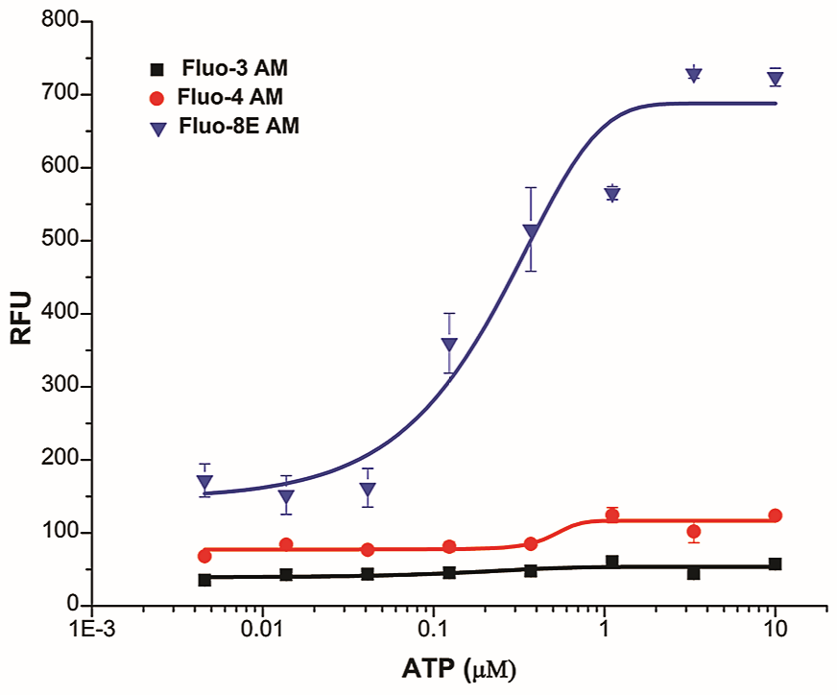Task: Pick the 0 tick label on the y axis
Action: (x=71, y=605)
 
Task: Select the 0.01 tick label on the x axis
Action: (x=262, y=631)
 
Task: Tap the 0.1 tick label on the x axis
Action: (x=433, y=631)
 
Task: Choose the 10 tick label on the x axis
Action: (x=776, y=631)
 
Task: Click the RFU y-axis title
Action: (x=21, y=314)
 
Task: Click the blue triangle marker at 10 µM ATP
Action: (x=776, y=78)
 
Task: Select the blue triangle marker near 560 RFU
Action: (x=612, y=194)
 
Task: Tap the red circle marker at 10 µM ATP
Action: (x=776, y=515)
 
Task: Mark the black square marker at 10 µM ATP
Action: (x=776, y=564)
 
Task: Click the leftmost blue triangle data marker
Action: (x=204, y=483)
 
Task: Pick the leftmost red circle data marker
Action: (x=204, y=556)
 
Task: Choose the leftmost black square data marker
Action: (x=204, y=580)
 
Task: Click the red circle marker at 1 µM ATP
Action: (x=612, y=515)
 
